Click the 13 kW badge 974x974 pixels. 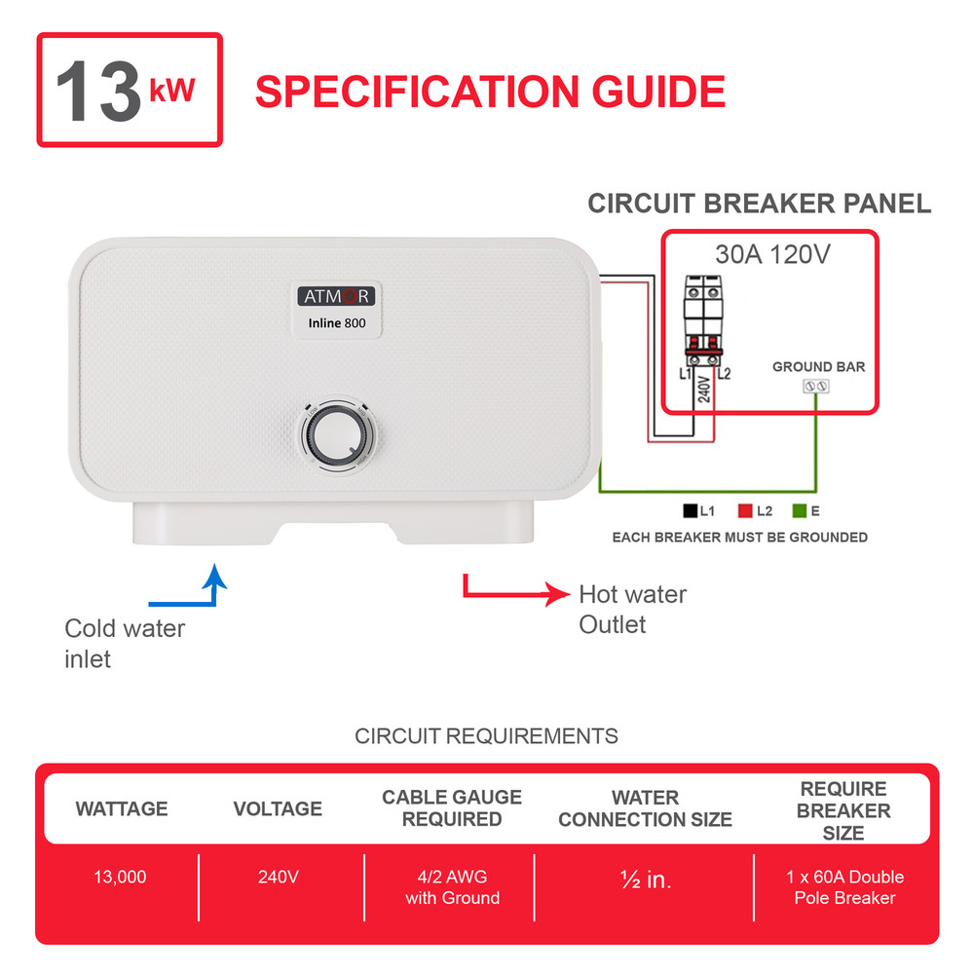click(x=130, y=91)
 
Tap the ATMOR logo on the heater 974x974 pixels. click(x=333, y=296)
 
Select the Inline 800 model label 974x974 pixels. click(x=333, y=323)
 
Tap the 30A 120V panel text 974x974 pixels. click(x=770, y=255)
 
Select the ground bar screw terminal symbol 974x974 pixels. click(x=815, y=387)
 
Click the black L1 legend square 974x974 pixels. click(x=690, y=510)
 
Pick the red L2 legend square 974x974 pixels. click(x=746, y=510)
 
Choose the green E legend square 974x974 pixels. click(x=801, y=510)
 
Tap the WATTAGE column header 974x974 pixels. click(x=122, y=808)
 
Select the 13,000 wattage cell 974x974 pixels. click(x=120, y=877)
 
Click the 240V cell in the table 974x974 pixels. click(x=279, y=877)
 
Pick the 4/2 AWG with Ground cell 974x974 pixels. click(x=452, y=887)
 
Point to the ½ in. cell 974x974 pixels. click(x=645, y=880)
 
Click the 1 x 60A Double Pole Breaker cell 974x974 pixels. click(x=844, y=887)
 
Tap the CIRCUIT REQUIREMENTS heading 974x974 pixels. click(x=486, y=735)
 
